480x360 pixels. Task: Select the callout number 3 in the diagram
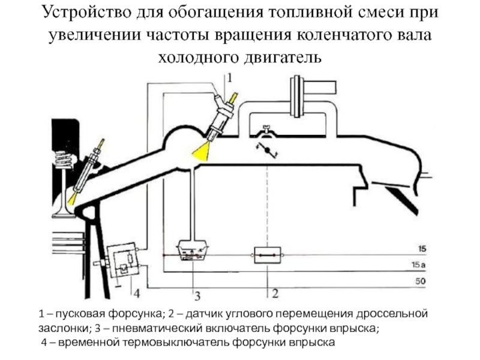[x=196, y=296]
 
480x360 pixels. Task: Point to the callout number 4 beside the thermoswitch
[x=136, y=293]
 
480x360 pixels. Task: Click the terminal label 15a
[x=424, y=265]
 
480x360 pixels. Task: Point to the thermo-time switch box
[x=124, y=259]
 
